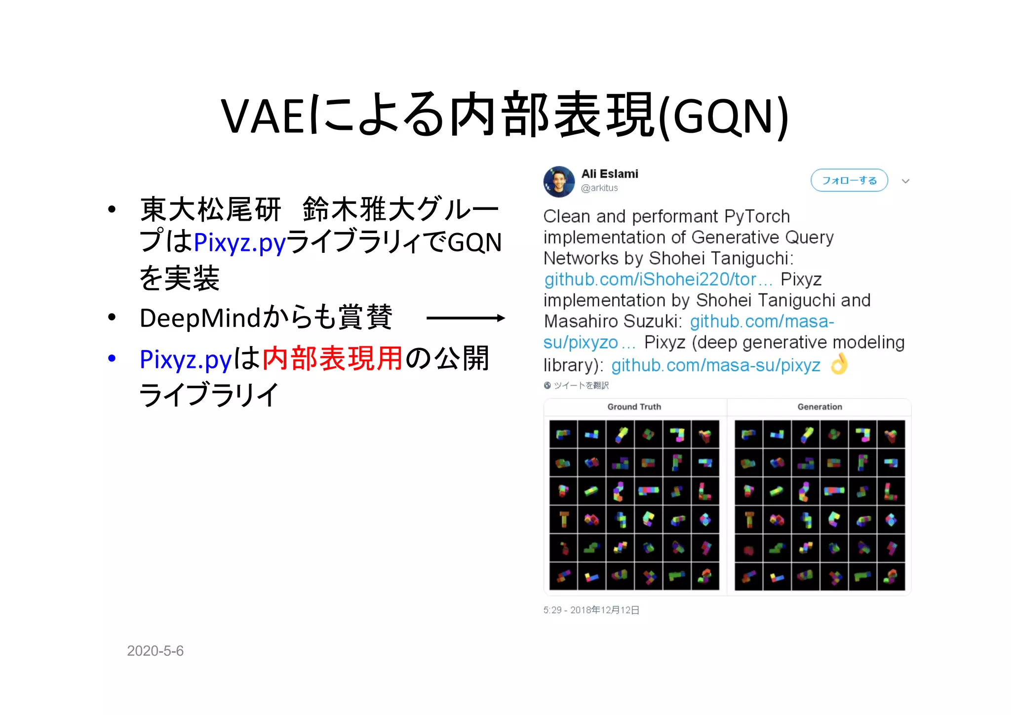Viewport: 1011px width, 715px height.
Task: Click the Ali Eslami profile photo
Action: click(559, 181)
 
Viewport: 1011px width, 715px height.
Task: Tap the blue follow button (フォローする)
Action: click(849, 181)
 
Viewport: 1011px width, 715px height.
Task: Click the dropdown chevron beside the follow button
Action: click(905, 181)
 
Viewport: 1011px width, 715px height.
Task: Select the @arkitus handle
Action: click(599, 188)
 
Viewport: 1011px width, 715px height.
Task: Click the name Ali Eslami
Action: click(610, 174)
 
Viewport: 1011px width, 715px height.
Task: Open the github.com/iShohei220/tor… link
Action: click(658, 279)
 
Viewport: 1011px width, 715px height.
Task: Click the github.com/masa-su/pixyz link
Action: click(715, 365)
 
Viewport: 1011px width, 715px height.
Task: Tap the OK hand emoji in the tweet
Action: click(839, 364)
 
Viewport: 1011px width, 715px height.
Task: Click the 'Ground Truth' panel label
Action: click(634, 407)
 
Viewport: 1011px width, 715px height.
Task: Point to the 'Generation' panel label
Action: click(819, 407)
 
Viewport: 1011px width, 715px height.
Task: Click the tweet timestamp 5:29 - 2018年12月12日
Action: click(591, 610)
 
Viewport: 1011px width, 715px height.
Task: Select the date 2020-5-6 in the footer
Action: click(155, 651)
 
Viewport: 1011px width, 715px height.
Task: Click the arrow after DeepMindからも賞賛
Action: click(465, 318)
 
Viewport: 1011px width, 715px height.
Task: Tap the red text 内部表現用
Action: click(332, 358)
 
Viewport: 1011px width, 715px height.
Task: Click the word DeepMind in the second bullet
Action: click(200, 318)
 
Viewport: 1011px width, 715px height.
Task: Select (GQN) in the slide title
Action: click(724, 117)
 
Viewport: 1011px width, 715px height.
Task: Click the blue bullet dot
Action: click(112, 358)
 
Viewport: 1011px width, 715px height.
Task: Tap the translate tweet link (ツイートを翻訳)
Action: click(581, 386)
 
